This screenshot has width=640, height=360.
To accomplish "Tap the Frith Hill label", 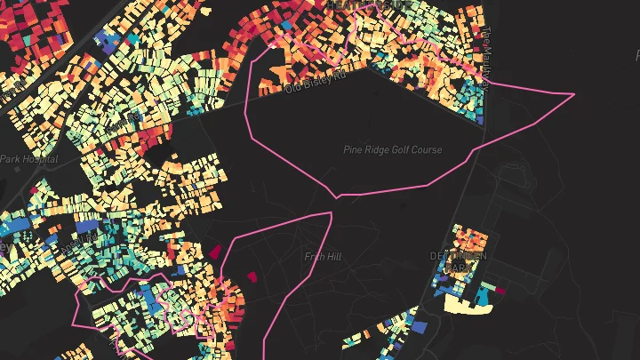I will [x=323, y=257].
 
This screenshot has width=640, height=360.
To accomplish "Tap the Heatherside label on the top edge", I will [x=369, y=5].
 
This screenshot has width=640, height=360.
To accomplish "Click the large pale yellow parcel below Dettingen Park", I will [x=468, y=305].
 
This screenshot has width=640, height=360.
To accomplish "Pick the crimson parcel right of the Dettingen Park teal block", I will [x=500, y=290].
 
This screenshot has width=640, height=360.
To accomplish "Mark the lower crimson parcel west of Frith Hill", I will [x=252, y=276].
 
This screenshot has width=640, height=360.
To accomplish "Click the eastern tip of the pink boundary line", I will [x=573, y=93].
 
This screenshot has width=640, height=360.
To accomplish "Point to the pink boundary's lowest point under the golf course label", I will [x=337, y=196].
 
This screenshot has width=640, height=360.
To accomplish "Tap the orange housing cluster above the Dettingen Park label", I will [x=469, y=240].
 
